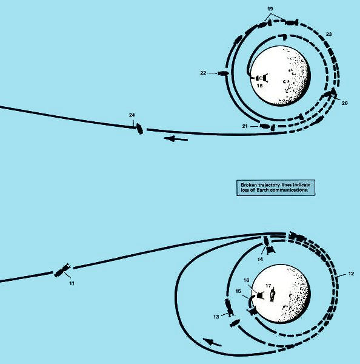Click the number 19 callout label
[x=270, y=9]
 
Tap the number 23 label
[x=329, y=34]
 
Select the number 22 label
[x=203, y=73]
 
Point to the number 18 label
[x=260, y=86]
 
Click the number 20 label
[x=345, y=103]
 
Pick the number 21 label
[x=245, y=126]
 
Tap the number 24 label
[x=132, y=115]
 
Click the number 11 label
[x=72, y=283]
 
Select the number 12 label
[x=351, y=274]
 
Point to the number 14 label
[x=260, y=259]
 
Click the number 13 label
[x=216, y=317]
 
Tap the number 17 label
[x=268, y=286]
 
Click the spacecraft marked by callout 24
[x=139, y=129]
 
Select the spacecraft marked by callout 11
[x=62, y=270]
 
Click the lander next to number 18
[x=262, y=78]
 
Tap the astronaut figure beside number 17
[x=273, y=295]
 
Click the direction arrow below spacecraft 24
[x=176, y=139]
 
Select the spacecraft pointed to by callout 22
[x=223, y=73]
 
